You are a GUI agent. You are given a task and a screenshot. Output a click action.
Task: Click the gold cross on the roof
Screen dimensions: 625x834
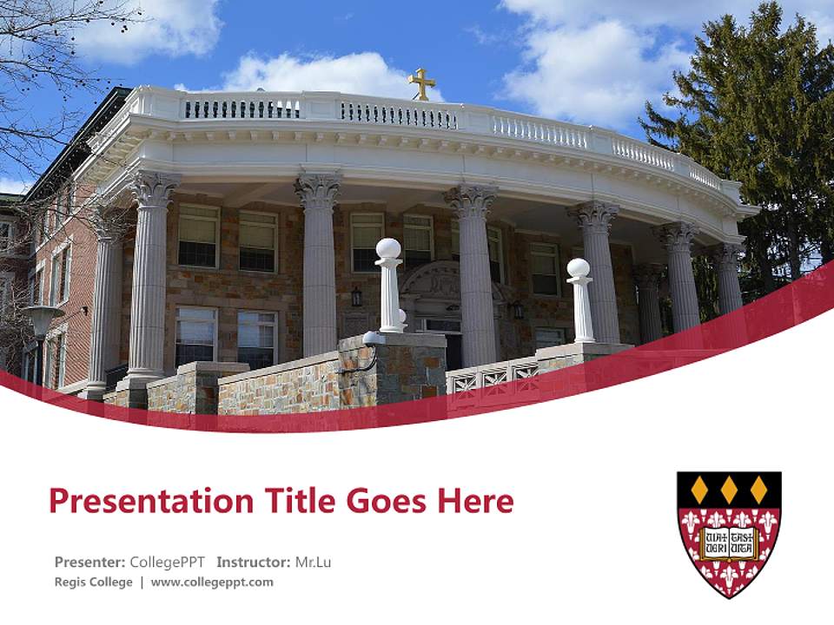(x=422, y=84)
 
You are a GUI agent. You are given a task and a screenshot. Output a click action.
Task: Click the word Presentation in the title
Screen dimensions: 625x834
(x=142, y=501)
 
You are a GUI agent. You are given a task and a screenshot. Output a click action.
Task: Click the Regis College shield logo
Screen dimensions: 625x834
(x=729, y=533)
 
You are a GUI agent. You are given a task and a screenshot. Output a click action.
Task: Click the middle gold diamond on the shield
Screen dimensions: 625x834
(x=729, y=490)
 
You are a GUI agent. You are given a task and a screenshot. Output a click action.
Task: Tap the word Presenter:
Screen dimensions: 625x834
(x=90, y=562)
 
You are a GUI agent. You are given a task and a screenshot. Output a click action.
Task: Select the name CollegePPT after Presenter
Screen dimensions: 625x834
(x=167, y=562)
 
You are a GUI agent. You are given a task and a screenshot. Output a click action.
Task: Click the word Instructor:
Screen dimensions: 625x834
(x=254, y=562)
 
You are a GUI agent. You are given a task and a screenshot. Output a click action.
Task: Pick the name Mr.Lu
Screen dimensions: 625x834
(x=313, y=562)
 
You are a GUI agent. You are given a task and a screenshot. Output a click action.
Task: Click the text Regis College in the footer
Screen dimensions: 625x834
(x=94, y=582)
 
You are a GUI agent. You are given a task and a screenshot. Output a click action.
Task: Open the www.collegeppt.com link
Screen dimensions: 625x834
(x=212, y=582)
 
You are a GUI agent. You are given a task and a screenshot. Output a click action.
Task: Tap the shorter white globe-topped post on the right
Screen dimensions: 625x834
(x=579, y=299)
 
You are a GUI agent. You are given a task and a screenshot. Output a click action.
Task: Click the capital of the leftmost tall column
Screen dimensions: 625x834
(x=155, y=188)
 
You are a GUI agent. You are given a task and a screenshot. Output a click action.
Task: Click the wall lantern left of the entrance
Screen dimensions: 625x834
(x=356, y=297)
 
